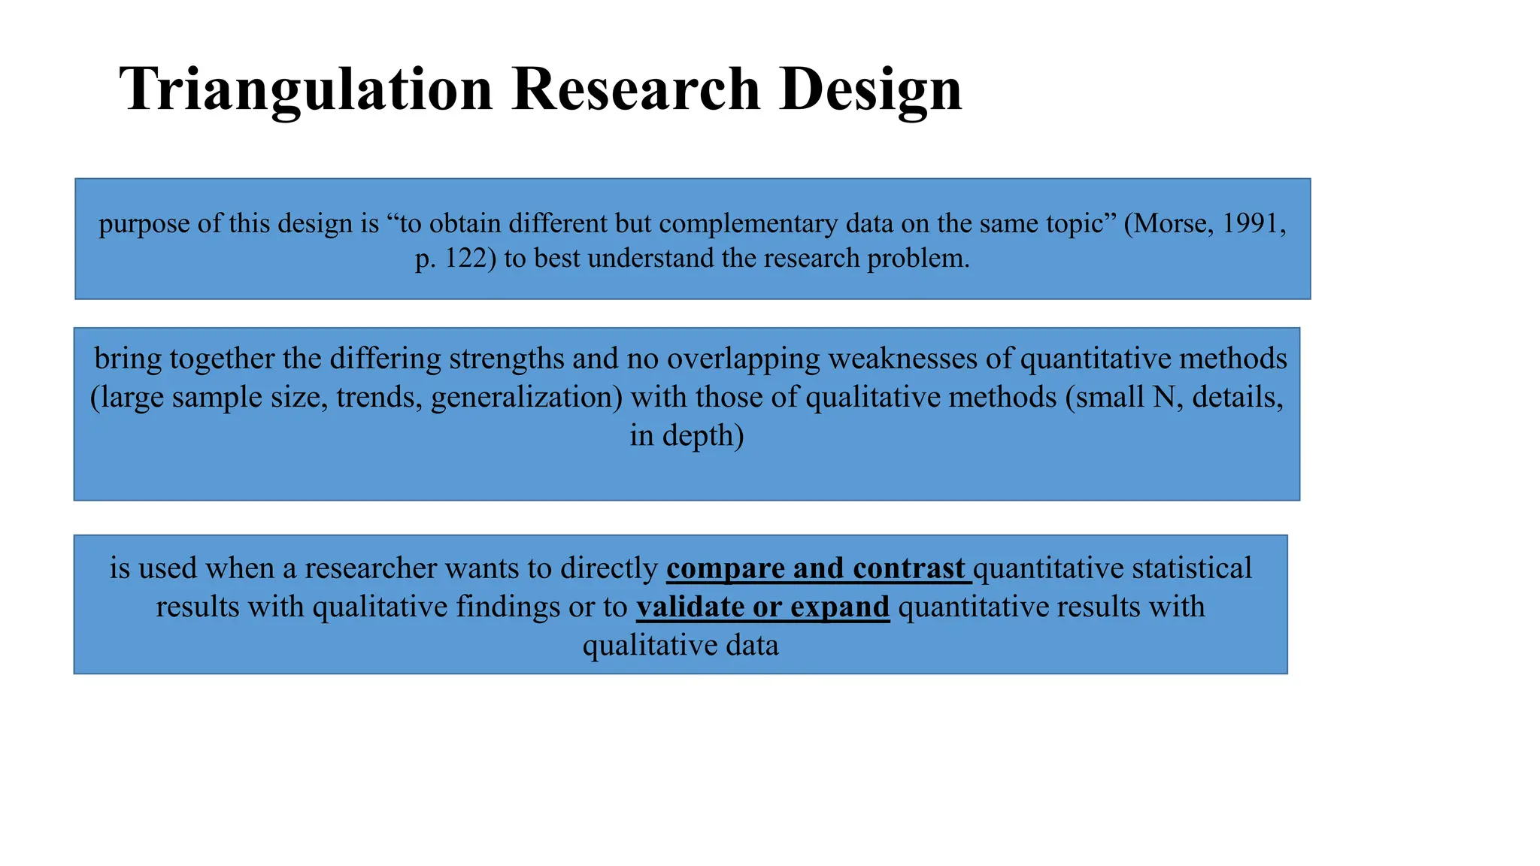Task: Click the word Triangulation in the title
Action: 305,89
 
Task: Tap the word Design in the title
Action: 870,89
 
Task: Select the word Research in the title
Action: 635,89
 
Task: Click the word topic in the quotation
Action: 1076,223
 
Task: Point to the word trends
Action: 379,397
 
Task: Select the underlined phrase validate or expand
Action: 762,607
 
